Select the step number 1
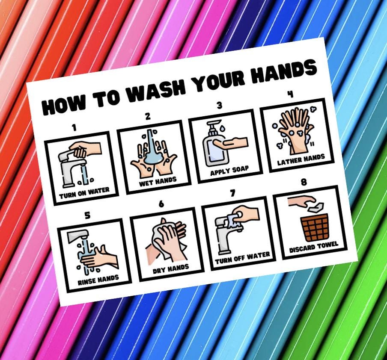[x=74, y=127]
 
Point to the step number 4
[x=291, y=94]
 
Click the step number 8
[x=304, y=183]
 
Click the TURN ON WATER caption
[x=84, y=192]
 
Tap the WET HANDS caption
[x=158, y=181]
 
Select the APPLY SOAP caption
[x=229, y=171]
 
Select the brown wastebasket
[x=315, y=227]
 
